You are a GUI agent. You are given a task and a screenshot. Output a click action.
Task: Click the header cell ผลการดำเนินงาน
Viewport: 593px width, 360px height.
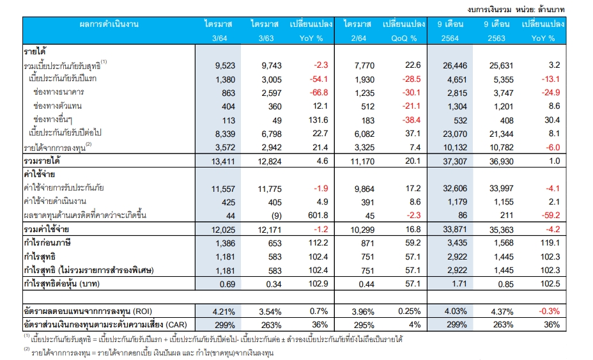(x=109, y=24)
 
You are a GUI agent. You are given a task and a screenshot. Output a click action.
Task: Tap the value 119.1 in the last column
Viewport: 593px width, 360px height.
(x=549, y=244)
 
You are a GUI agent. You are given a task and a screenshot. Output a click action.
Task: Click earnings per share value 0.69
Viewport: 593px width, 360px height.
(x=220, y=283)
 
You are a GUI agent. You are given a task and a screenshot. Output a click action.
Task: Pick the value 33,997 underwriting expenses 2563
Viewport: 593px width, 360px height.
(x=498, y=189)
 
